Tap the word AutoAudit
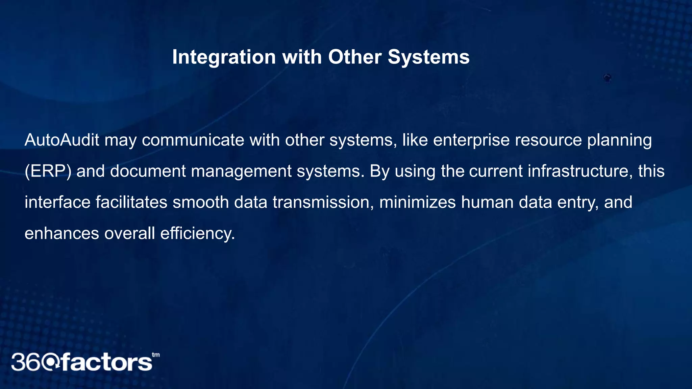pyautogui.click(x=62, y=140)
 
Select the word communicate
pyautogui.click(x=193, y=140)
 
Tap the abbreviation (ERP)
pyautogui.click(x=48, y=171)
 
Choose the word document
pyautogui.click(x=148, y=171)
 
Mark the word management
pyautogui.click(x=241, y=171)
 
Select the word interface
pyautogui.click(x=57, y=202)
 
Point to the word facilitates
pyautogui.click(x=131, y=202)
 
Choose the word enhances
pyautogui.click(x=62, y=233)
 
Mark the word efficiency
pyautogui.click(x=197, y=233)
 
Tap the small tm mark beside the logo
pyautogui.click(x=156, y=355)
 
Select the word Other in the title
pyautogui.click(x=355, y=57)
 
